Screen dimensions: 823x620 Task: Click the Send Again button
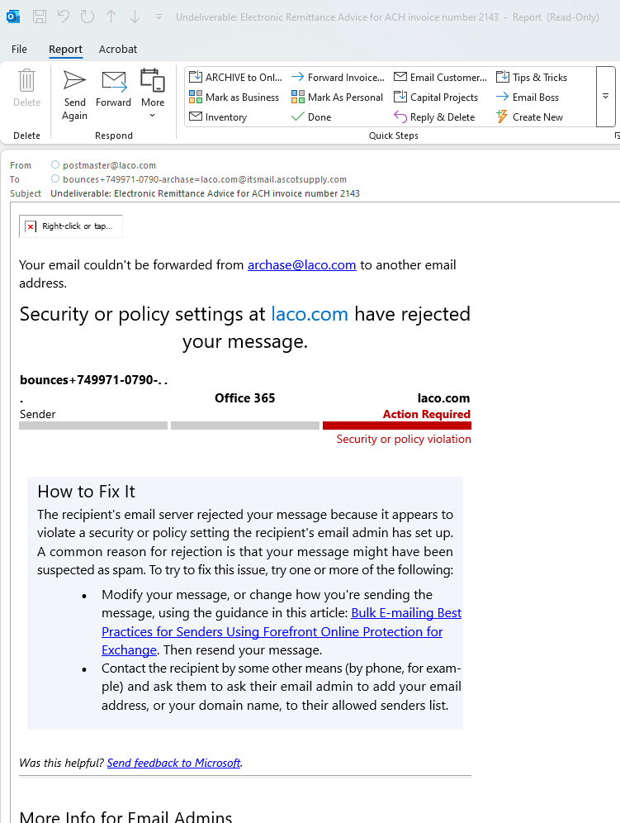coord(74,94)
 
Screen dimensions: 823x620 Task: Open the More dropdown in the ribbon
coord(153,94)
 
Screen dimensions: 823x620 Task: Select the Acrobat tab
coord(118,50)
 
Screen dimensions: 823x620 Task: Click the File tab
coord(19,50)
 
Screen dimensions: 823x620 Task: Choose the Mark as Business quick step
coord(234,98)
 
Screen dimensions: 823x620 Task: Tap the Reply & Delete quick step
coord(435,117)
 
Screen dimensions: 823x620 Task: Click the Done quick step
coord(311,117)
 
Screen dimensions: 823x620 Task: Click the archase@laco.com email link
coord(301,265)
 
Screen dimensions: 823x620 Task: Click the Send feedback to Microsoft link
coord(173,763)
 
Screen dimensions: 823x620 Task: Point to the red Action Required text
coord(426,414)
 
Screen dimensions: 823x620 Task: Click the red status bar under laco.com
coord(396,426)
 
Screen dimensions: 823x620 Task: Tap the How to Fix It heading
coord(86,492)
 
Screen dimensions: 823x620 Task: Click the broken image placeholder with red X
coord(31,226)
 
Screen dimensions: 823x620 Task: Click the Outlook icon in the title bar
coord(13,17)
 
